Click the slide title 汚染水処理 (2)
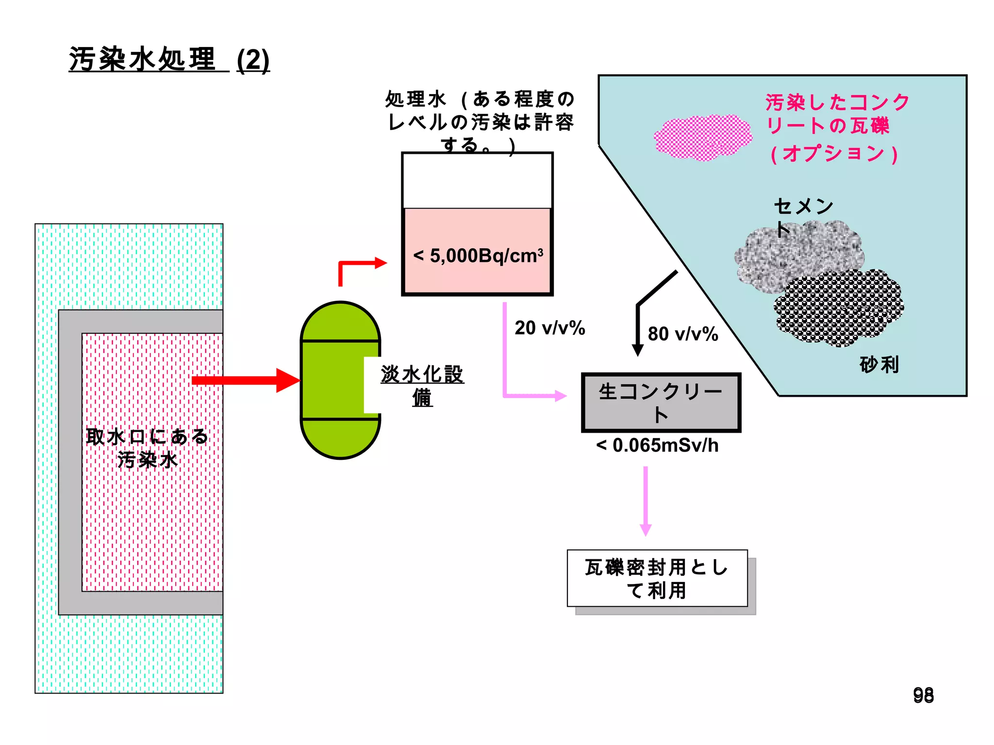pyautogui.click(x=169, y=60)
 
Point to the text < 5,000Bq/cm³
pyautogui.click(x=478, y=256)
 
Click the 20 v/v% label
pyautogui.click(x=549, y=328)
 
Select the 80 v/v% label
pyautogui.click(x=682, y=334)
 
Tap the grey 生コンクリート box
pyautogui.click(x=661, y=403)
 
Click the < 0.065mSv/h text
pyautogui.click(x=657, y=445)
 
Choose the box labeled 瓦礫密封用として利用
pyautogui.click(x=657, y=578)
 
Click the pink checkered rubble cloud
pyautogui.click(x=703, y=137)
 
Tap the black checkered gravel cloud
pyautogui.click(x=839, y=308)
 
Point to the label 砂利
pyautogui.click(x=879, y=365)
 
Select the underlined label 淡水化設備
pyautogui.click(x=422, y=386)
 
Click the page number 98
pyautogui.click(x=923, y=695)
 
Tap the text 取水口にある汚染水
pyautogui.click(x=147, y=448)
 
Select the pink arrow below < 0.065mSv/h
pyautogui.click(x=646, y=502)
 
